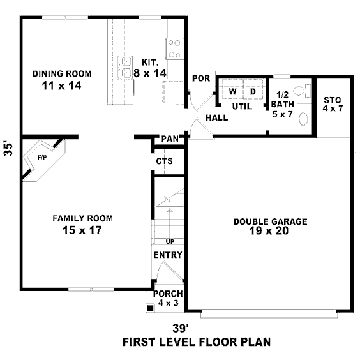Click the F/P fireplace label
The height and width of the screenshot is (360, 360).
pyautogui.click(x=42, y=158)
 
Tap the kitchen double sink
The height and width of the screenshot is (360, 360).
pyautogui.click(x=125, y=67)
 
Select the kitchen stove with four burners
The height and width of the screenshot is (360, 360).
pyautogui.click(x=174, y=49)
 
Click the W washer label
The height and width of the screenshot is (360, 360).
pyautogui.click(x=232, y=92)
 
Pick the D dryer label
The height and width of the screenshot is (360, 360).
pyautogui.click(x=253, y=92)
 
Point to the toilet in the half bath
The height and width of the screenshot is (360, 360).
pyautogui.click(x=302, y=91)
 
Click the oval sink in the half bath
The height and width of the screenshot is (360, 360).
pyautogui.click(x=304, y=119)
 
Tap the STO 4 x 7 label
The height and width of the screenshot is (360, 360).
pyautogui.click(x=333, y=104)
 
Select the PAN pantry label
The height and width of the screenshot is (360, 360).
pyautogui.click(x=170, y=139)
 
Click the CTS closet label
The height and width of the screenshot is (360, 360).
pyautogui.click(x=164, y=161)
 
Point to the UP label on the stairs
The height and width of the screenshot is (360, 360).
pyautogui.click(x=170, y=241)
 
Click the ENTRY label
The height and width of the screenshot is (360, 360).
pyautogui.click(x=168, y=255)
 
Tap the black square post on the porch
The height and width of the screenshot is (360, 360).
pyautogui.click(x=150, y=308)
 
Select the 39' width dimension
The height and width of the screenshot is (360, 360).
pyautogui.click(x=179, y=328)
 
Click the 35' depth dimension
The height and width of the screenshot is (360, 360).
pyautogui.click(x=8, y=150)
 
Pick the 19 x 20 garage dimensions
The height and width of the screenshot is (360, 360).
pyautogui.click(x=269, y=230)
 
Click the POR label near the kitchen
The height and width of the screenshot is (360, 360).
pyautogui.click(x=201, y=79)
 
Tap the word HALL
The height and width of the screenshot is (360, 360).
pyautogui.click(x=216, y=118)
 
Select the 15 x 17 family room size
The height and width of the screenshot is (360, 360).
pyautogui.click(x=82, y=230)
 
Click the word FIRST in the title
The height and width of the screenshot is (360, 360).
pyautogui.click(x=139, y=342)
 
